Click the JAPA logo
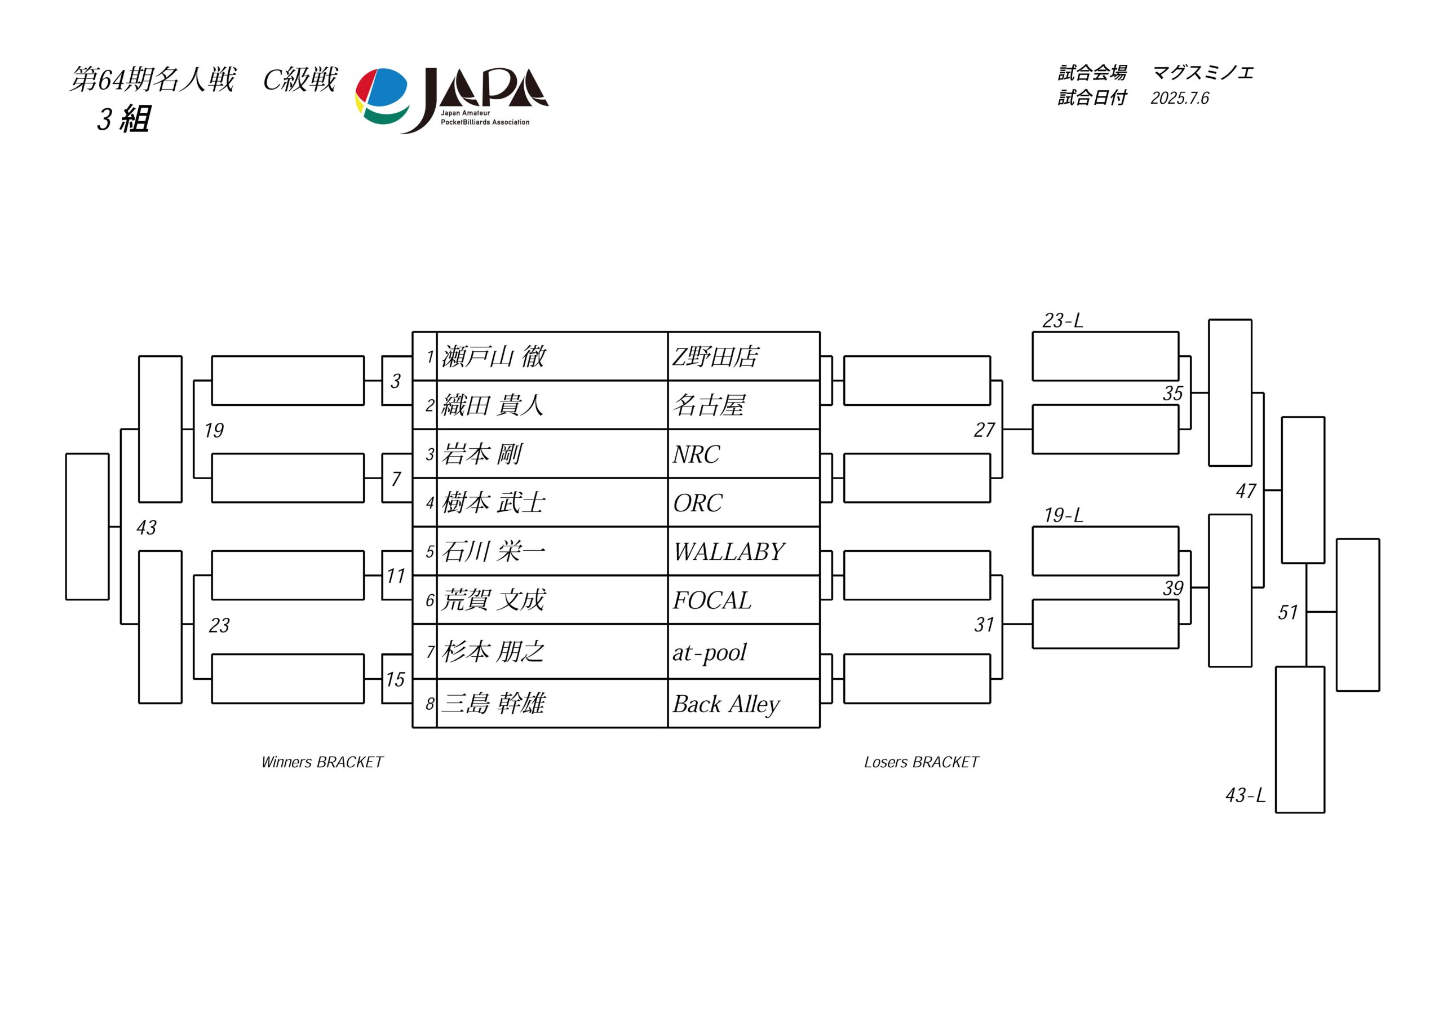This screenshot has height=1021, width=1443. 452,100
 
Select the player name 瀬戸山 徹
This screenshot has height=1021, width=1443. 493,356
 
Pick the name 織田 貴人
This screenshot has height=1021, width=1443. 492,405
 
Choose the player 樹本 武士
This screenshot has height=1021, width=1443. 493,502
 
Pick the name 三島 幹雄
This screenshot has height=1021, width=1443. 493,703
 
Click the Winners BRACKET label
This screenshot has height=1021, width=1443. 322,762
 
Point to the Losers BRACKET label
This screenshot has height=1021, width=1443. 922,762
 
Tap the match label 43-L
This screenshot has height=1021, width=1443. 1245,795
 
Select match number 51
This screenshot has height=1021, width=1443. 1288,612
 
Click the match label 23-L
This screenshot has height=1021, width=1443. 1063,321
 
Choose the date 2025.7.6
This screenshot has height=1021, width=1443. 1180,98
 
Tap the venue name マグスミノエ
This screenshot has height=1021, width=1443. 1203,73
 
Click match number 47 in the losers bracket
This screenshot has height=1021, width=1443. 1246,490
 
